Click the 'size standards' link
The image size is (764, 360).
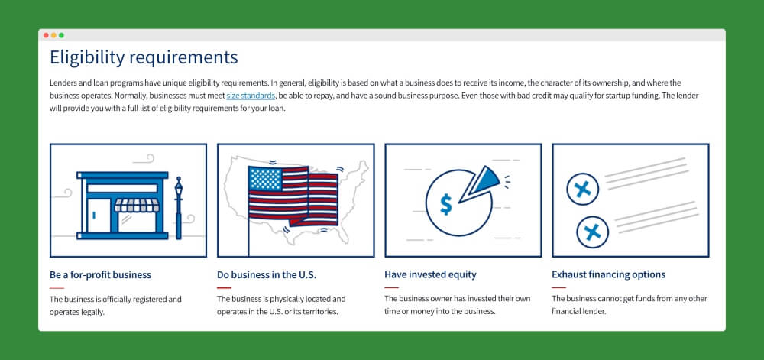click(x=251, y=96)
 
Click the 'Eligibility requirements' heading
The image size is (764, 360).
click(x=144, y=57)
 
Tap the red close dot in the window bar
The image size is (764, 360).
click(x=46, y=35)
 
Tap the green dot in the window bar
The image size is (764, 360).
click(x=61, y=35)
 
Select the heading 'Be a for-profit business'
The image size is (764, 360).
click(x=100, y=274)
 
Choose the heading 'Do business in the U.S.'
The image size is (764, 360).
click(x=267, y=274)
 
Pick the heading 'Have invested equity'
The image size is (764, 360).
click(x=430, y=274)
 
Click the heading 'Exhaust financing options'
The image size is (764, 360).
click(x=609, y=274)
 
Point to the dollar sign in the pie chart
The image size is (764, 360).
click(x=445, y=203)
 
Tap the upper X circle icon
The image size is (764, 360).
click(x=582, y=189)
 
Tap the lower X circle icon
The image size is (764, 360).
click(x=593, y=232)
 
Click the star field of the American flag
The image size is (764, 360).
click(x=266, y=179)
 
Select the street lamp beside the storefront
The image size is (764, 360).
click(x=178, y=208)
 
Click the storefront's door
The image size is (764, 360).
click(x=99, y=216)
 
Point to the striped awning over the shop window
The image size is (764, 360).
click(x=137, y=205)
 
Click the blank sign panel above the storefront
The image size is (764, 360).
click(x=122, y=189)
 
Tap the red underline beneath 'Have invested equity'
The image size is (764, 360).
click(x=391, y=288)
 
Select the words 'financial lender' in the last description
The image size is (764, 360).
click(x=579, y=311)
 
